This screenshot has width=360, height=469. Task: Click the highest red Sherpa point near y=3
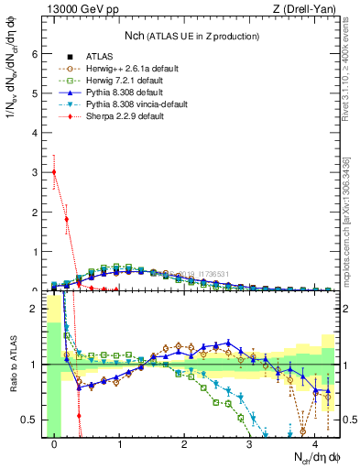pyautogui.click(x=54, y=172)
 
